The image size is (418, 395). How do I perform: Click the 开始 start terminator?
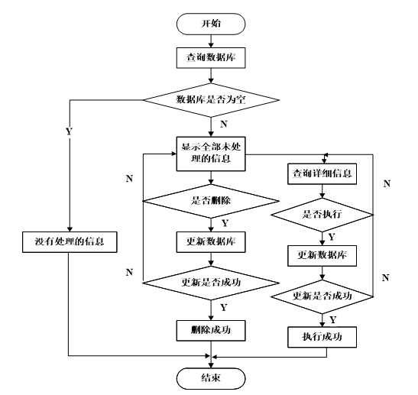(211, 24)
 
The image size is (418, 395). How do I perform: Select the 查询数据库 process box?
(211, 58)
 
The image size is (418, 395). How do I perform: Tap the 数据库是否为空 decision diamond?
(211, 100)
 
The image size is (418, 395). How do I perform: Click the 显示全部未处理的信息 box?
(211, 154)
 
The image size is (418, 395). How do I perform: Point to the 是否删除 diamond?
(211, 201)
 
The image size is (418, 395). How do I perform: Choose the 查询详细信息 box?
(322, 173)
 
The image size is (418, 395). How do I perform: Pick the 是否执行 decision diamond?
(322, 215)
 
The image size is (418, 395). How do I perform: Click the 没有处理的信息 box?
(70, 242)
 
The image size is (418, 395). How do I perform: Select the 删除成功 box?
(211, 331)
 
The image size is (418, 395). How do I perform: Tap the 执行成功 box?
(322, 337)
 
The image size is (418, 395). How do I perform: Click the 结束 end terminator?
(211, 378)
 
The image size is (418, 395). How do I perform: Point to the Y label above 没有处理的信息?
(69, 131)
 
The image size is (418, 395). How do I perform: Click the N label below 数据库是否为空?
(224, 124)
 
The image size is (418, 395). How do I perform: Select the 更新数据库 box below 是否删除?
(211, 242)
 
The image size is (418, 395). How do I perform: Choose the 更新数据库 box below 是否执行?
(322, 256)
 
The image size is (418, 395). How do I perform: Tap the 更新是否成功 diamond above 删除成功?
(211, 283)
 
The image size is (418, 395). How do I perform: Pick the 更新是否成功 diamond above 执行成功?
(322, 296)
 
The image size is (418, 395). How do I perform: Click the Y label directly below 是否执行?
(332, 237)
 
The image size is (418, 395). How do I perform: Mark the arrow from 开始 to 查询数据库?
(211, 41)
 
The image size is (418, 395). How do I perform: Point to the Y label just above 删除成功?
(224, 308)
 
